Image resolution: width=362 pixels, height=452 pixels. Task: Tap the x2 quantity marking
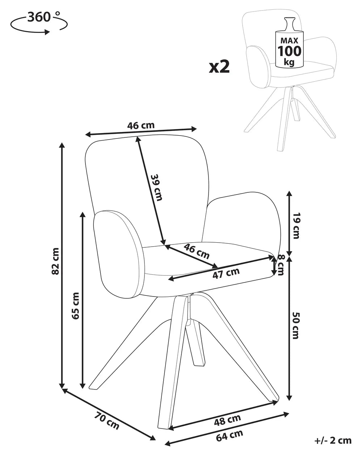coord(219,67)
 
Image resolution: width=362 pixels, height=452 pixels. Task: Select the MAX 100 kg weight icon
coord(290,43)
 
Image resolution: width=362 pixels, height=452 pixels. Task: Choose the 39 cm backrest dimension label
coord(156,187)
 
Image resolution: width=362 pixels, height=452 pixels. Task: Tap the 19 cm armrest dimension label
coord(296,226)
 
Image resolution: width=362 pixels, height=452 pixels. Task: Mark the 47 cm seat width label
coord(226,273)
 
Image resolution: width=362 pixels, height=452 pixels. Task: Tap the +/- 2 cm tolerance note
coord(333,440)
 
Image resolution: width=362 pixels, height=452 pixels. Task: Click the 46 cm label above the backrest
coord(141,125)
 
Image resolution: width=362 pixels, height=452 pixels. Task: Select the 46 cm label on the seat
coord(197,251)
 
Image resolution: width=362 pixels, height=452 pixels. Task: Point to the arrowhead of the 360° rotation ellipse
coord(47,32)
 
